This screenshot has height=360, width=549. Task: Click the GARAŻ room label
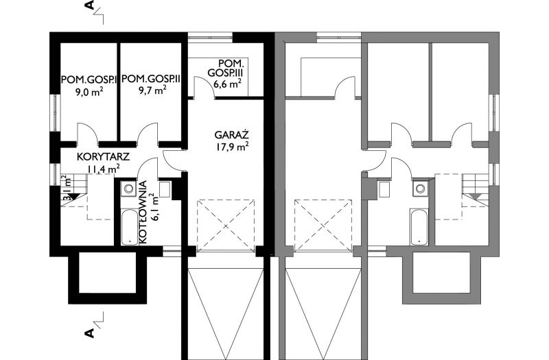pos(231,135)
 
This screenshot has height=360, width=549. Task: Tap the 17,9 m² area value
pos(231,147)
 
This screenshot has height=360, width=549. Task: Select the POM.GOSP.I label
pos(89,80)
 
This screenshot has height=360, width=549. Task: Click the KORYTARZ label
pos(104,156)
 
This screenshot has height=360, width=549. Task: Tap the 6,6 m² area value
pos(227,84)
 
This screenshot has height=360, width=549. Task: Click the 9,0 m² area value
pos(89,92)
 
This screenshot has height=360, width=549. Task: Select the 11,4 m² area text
pos(104,169)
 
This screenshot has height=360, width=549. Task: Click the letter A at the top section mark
pos(90,5)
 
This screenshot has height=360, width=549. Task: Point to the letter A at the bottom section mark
pos(90,333)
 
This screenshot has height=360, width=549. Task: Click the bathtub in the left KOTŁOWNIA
pos(129,227)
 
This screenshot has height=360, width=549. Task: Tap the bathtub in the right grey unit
pos(419,227)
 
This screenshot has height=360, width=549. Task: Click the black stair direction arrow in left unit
pos(73,196)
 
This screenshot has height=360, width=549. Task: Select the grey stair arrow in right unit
pos(476,196)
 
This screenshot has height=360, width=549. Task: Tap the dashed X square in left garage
pos(226,226)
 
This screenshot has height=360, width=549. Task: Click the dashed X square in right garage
pos(323,226)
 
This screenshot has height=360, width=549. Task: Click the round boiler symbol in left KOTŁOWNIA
pos(129,189)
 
